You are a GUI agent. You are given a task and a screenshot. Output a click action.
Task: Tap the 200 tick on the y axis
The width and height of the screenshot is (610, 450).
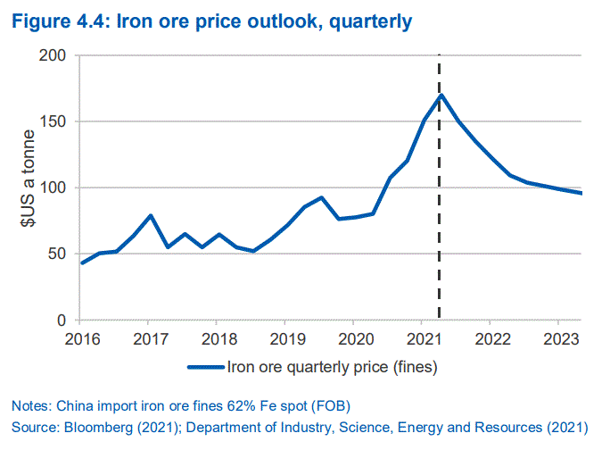coord(54,55)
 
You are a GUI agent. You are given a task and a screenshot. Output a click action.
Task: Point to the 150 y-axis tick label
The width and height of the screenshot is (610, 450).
coord(54,121)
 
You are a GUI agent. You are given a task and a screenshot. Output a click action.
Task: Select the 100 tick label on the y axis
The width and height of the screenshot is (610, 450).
coord(54,187)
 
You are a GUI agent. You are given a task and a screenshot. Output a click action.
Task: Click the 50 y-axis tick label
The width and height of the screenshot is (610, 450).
coord(58,254)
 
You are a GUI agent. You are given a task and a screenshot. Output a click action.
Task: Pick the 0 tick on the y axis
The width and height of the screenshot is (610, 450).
coord(62,320)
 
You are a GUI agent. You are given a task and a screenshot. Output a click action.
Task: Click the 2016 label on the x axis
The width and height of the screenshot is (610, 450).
coord(80,338)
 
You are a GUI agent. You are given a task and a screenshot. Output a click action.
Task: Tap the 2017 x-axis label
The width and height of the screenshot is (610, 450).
coord(149,338)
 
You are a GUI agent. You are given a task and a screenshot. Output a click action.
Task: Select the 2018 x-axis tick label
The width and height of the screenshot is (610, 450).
coord(217,338)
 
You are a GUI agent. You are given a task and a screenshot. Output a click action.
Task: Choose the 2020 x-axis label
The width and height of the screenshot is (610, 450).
coord(353,338)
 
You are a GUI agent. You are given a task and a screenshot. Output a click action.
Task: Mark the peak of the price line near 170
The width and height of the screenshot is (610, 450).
coord(441,95)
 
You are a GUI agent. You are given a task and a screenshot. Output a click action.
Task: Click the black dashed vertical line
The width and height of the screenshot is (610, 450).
coord(441,223)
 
